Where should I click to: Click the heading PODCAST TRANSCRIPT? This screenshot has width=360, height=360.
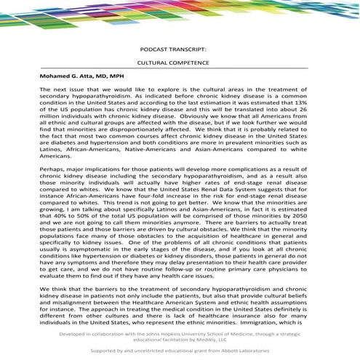coord(179,51)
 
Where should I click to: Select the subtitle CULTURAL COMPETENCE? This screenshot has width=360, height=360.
coord(179,65)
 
